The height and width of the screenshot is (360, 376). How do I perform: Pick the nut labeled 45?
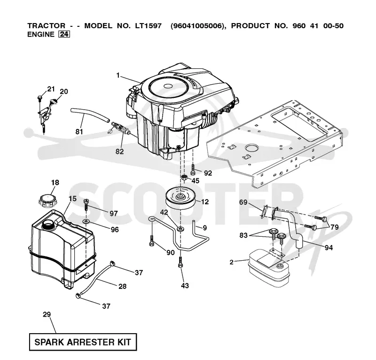pos(184,178)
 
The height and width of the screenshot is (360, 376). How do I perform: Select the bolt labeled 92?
pos(193,169)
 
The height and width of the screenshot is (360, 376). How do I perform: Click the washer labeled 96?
pos(86,221)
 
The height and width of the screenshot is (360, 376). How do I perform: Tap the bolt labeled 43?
pos(180,262)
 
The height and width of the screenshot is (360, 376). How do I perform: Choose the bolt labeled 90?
pos(151,240)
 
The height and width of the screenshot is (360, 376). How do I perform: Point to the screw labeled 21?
pos(40,98)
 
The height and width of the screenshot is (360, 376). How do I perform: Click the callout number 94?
pos(329,248)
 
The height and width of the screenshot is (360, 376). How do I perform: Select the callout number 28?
pos(122,286)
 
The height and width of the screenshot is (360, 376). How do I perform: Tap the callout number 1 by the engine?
pos(118,75)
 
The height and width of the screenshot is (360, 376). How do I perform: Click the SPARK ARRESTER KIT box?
pos(83,342)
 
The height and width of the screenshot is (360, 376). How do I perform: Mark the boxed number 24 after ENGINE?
pos(64,34)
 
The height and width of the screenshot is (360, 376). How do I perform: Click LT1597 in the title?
pos(148,26)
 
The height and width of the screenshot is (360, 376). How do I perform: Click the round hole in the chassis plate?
pos(251,147)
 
